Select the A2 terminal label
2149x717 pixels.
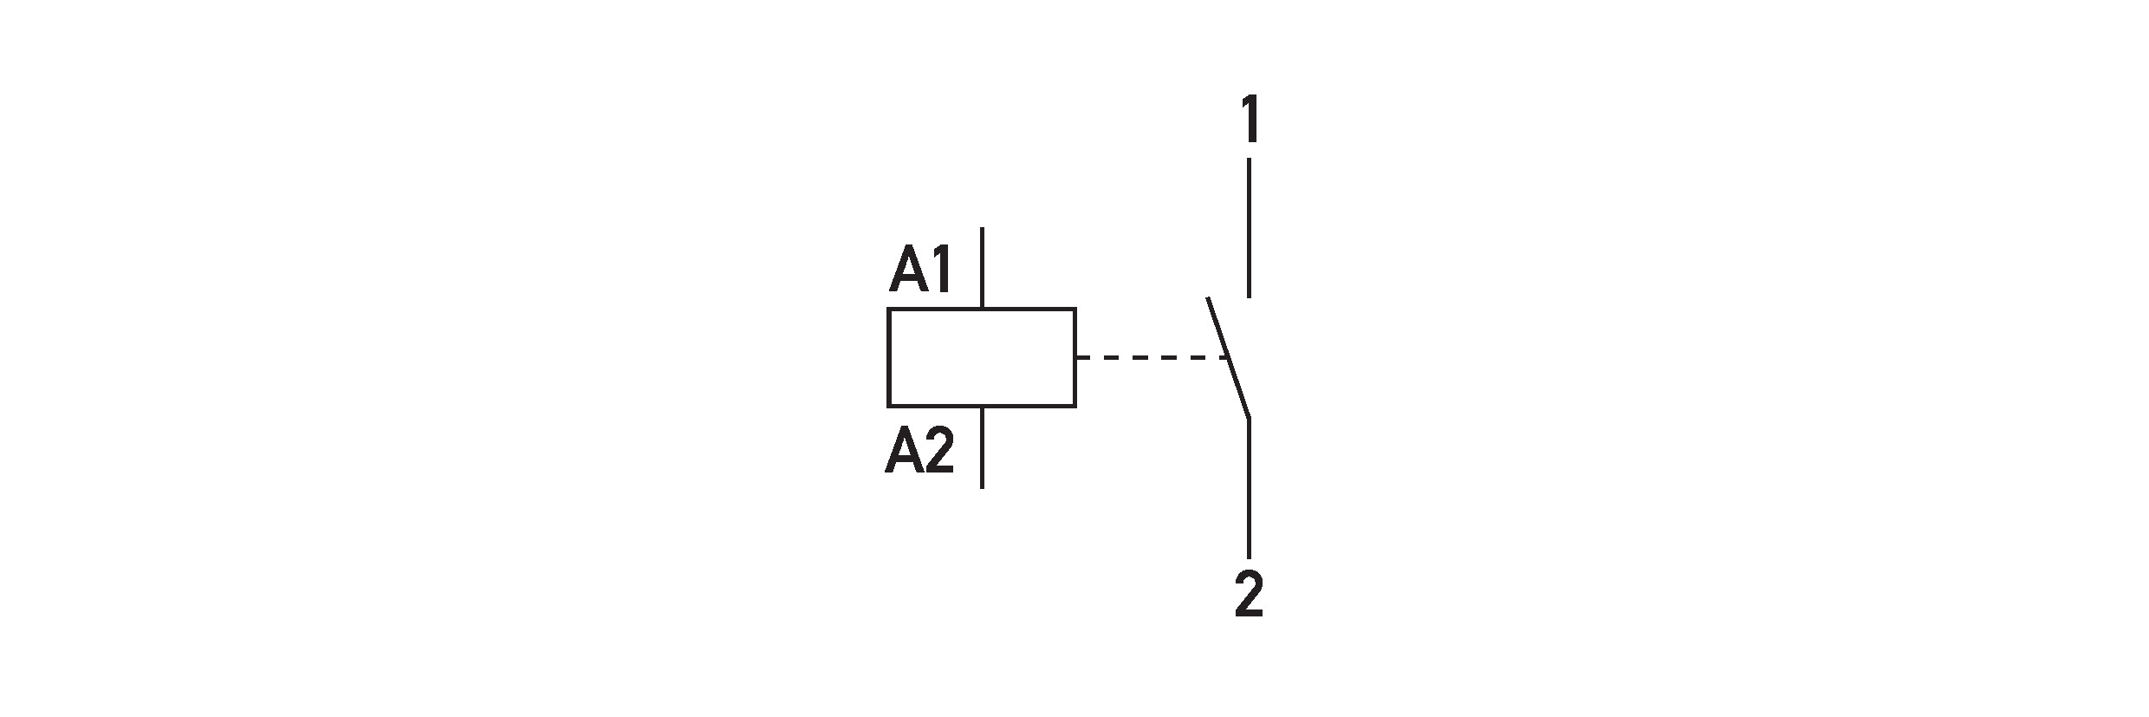(919, 452)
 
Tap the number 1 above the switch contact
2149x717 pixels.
(1249, 121)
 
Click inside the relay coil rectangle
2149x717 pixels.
(982, 357)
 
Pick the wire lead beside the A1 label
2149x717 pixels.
(982, 268)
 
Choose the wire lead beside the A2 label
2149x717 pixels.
(982, 447)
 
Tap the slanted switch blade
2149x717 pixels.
(1228, 358)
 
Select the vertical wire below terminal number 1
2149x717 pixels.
(1249, 228)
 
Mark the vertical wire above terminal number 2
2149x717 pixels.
(1249, 488)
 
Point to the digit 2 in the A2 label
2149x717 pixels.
(939, 452)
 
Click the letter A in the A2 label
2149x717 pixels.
(903, 452)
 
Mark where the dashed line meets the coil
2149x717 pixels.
(1076, 357)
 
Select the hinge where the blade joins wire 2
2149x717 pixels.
(1249, 419)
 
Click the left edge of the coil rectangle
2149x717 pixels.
(888, 357)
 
